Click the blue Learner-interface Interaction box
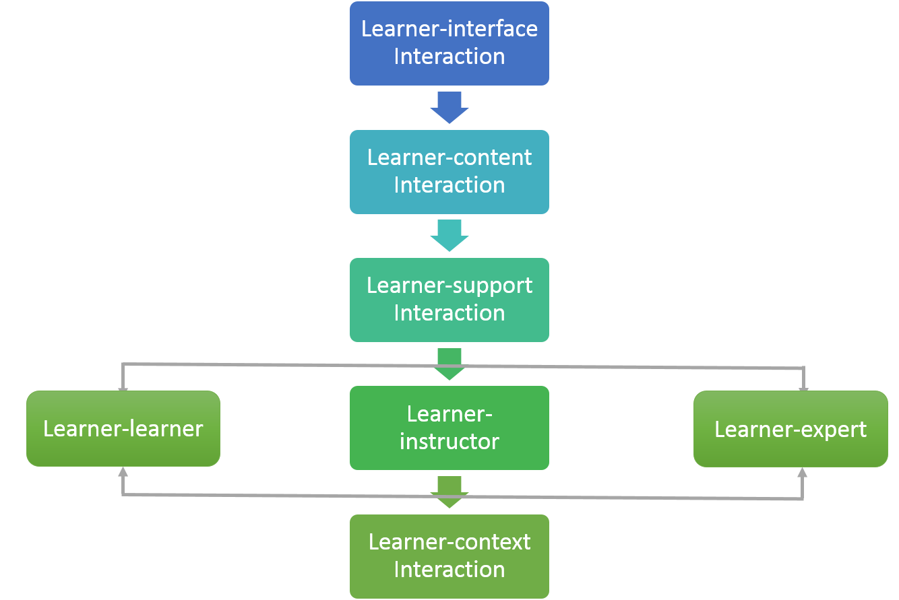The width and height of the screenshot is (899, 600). [449, 43]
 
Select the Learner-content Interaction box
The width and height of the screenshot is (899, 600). [449, 172]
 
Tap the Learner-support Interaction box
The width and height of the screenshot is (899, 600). [449, 300]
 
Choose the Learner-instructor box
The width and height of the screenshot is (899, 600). [449, 428]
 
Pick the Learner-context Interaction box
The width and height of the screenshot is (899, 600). [449, 556]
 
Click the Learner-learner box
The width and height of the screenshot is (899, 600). [123, 428]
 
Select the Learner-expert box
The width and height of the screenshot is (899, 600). [790, 429]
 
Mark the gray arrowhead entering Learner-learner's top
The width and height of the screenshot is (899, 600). [123, 387]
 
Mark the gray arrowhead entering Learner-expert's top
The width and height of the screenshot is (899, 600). [803, 387]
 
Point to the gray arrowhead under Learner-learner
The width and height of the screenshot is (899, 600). [123, 471]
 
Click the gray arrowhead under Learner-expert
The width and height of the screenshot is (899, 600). [802, 472]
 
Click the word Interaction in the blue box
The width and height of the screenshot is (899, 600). [449, 57]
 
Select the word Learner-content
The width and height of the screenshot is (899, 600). [449, 158]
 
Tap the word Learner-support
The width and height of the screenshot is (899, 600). [449, 286]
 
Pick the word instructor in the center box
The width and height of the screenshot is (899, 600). [449, 442]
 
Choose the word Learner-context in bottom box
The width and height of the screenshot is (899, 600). [449, 542]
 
